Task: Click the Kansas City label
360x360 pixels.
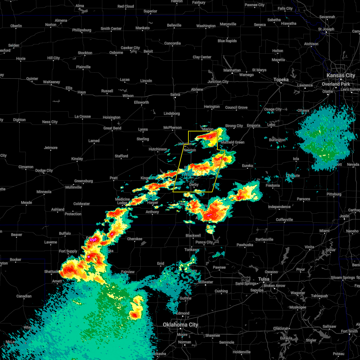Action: click(x=341, y=76)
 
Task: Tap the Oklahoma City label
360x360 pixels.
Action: click(x=180, y=325)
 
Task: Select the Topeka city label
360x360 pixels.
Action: click(x=281, y=79)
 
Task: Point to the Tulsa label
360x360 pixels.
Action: click(x=264, y=279)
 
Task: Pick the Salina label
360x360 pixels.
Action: click(x=175, y=94)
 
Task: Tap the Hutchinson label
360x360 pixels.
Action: click(x=158, y=149)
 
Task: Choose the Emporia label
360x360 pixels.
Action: click(x=253, y=125)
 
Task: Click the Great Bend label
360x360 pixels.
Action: click(x=112, y=128)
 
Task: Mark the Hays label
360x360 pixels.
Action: click(x=82, y=92)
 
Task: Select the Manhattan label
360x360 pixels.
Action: click(x=232, y=70)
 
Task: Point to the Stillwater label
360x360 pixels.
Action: click(x=205, y=282)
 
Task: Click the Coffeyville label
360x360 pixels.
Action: click(x=284, y=220)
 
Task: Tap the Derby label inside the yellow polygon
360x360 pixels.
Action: click(x=194, y=184)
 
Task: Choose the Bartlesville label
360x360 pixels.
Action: click(x=264, y=239)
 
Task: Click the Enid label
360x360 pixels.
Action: click(x=160, y=263)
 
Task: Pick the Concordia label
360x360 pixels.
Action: click(x=172, y=43)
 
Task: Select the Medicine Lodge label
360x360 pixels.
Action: click(x=122, y=201)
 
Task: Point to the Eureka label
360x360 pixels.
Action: click(x=247, y=165)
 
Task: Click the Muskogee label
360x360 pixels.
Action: click(x=298, y=307)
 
